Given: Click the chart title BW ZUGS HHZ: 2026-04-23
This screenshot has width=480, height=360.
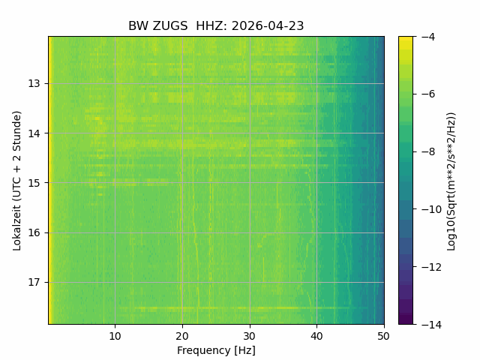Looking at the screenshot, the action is coord(216,26).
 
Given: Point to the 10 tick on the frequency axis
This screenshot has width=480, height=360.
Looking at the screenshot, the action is coord(115,337).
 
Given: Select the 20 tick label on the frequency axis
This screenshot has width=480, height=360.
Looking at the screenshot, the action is coord(182,337).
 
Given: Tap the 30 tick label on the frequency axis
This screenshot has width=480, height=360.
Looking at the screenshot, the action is coord(250,337).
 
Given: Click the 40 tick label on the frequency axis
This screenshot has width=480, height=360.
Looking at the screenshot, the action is coord(316,337).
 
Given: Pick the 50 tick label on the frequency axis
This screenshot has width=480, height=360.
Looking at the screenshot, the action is coord(384,337).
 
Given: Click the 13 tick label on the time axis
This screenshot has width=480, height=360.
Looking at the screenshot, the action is coord(34,83).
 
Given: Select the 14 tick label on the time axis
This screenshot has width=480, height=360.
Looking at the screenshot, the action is coord(34,133).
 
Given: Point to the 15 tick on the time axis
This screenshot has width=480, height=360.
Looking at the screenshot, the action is coord(34,183).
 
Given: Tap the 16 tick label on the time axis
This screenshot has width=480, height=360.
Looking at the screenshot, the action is coord(34,232).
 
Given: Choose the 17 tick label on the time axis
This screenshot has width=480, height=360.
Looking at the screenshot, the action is coord(34,282).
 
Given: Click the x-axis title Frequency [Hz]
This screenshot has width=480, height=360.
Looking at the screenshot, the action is coord(216,350).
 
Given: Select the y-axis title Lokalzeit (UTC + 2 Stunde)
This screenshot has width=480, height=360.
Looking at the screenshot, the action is coord(17,181).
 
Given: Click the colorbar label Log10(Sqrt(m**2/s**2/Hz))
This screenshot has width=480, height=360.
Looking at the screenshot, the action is coord(451,181).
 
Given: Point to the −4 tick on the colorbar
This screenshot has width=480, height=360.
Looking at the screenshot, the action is coord(428,37).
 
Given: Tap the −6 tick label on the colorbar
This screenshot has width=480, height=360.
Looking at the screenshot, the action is coord(428,94).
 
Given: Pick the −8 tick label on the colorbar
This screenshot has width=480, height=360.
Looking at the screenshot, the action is coord(428,151).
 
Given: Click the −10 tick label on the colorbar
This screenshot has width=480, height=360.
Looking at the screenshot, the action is coord(431,209).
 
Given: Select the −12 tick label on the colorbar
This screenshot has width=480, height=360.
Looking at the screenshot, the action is coord(431,267).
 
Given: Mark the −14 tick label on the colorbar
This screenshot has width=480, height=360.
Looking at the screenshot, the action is coord(431,325).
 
